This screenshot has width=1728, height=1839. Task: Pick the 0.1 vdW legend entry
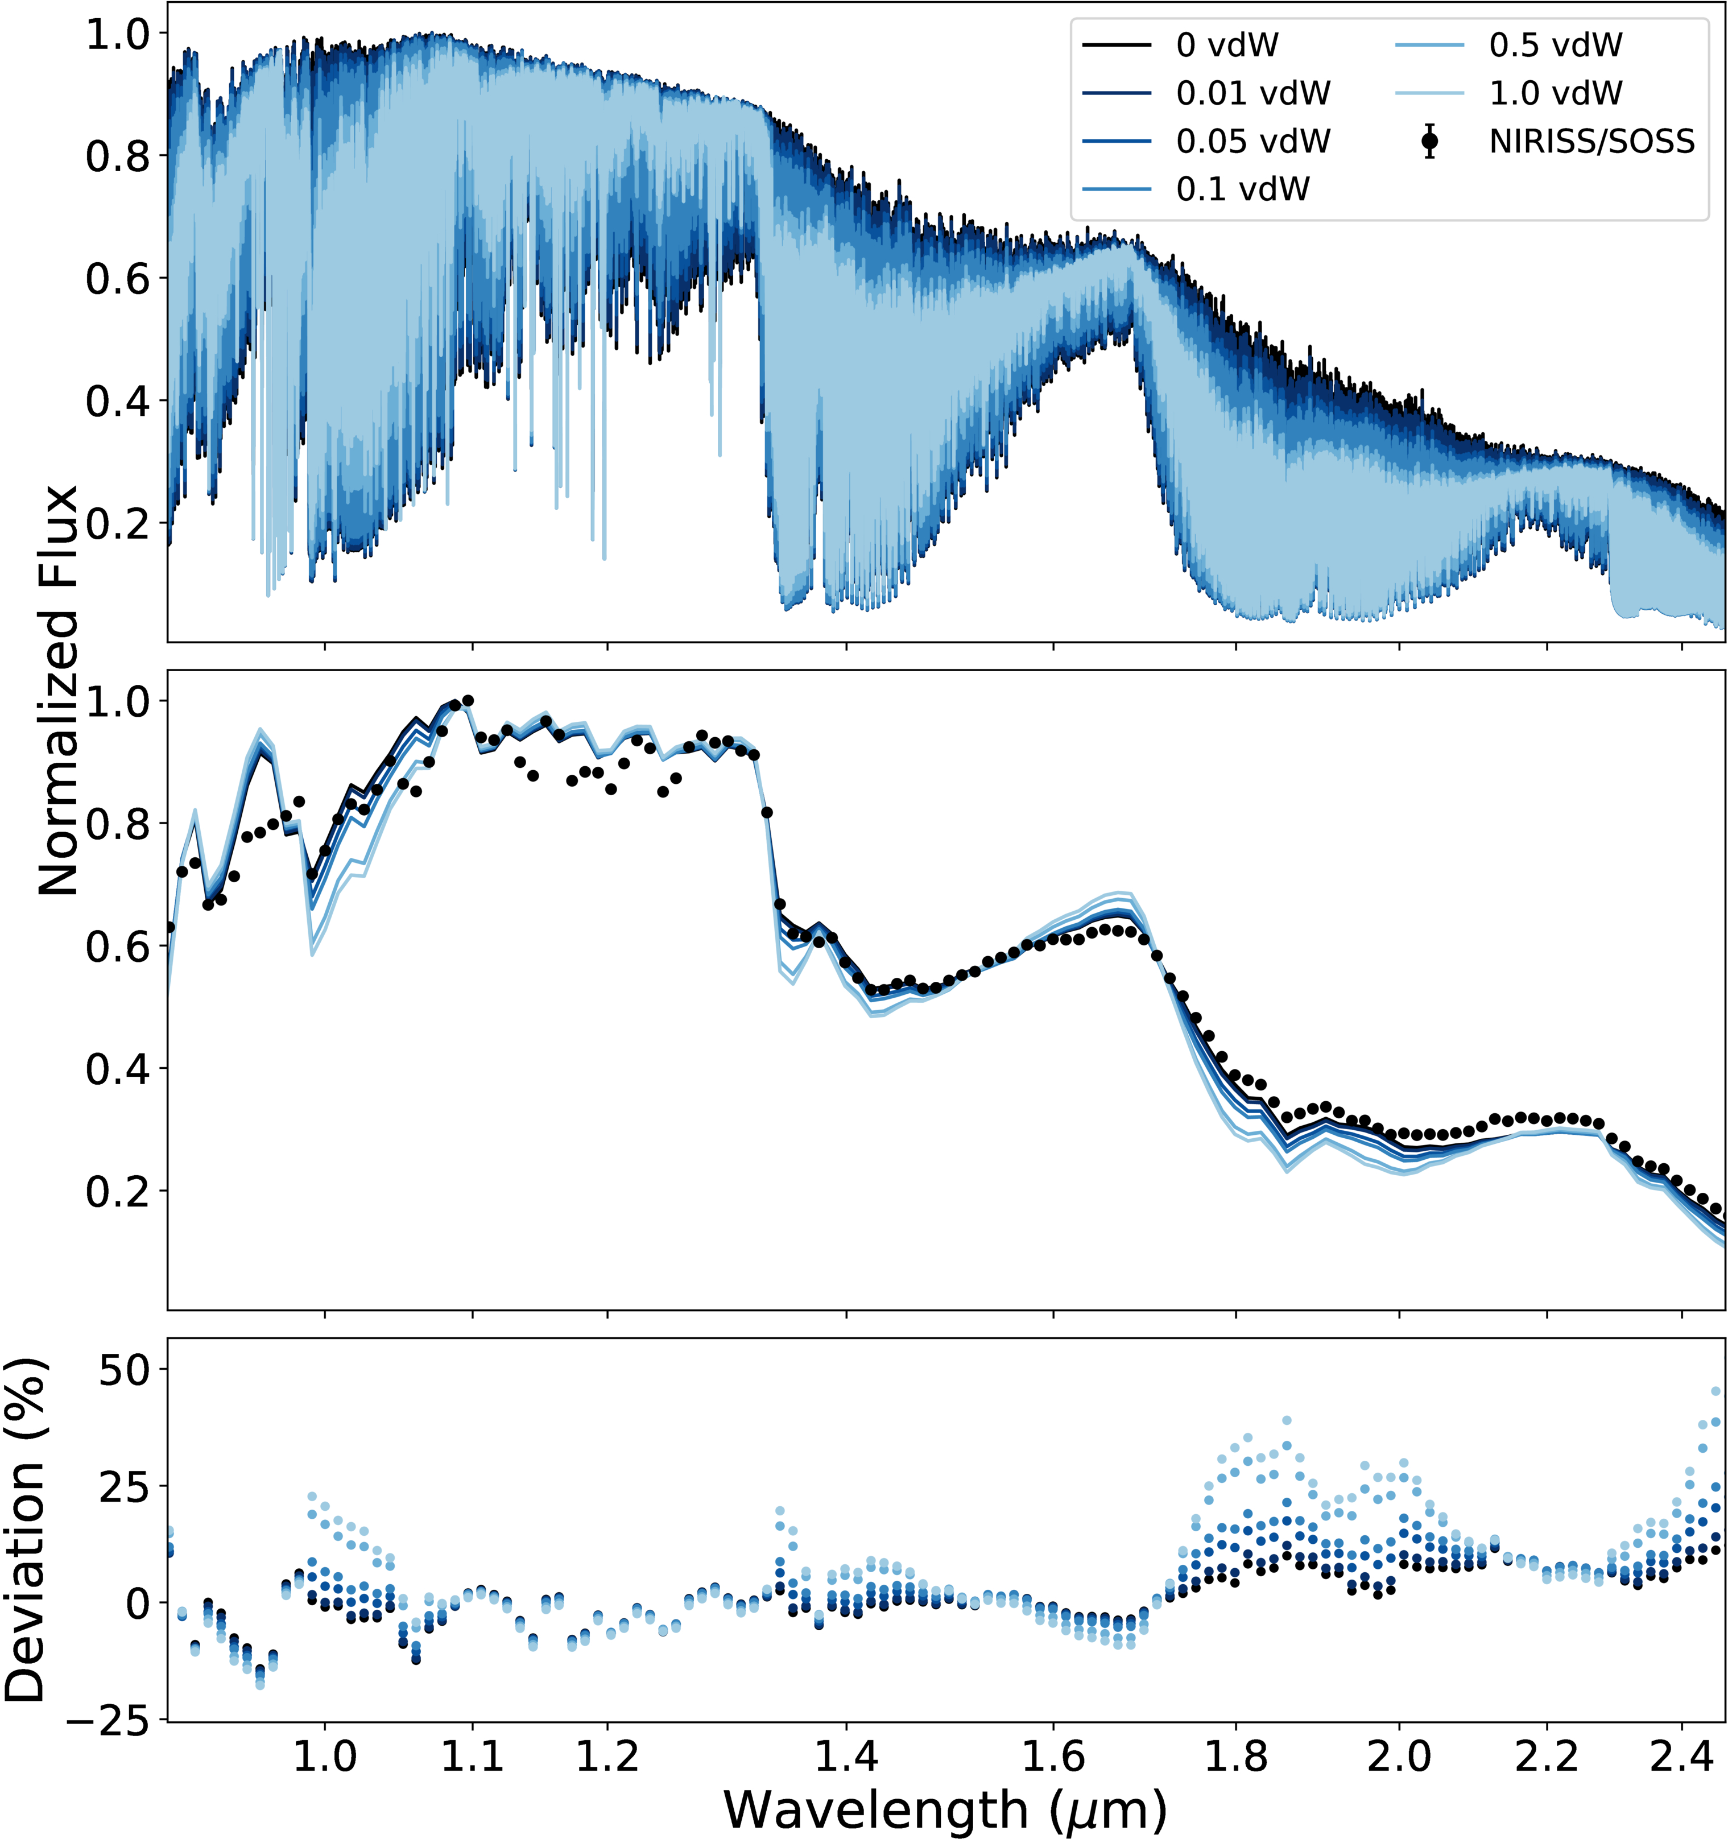(1242, 189)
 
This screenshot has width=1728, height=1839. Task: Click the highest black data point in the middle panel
(468, 700)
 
